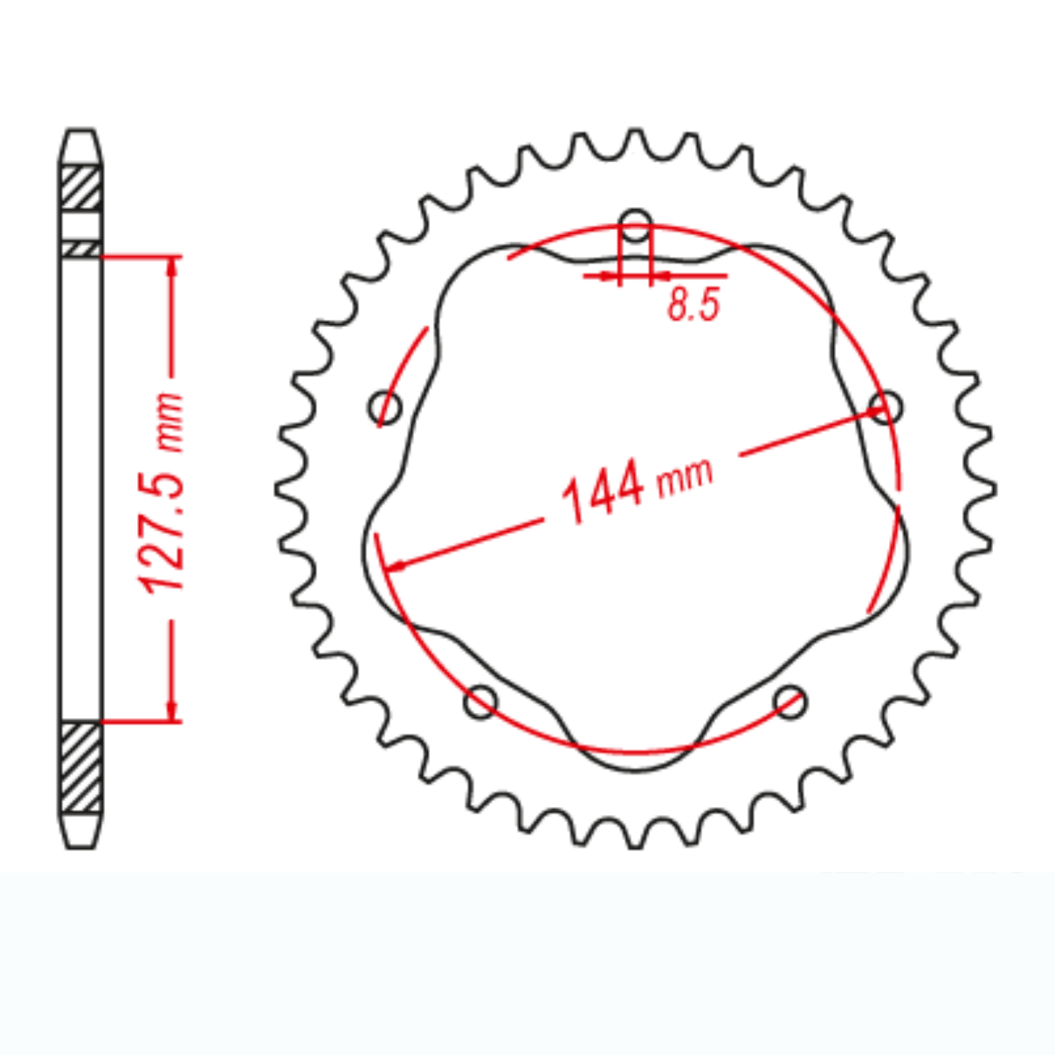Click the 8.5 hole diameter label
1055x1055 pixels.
tap(694, 305)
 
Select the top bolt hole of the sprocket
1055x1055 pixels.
tap(636, 225)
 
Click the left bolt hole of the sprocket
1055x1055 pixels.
tap(385, 407)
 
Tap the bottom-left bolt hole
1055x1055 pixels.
tap(481, 701)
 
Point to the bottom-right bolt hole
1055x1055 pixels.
tap(790, 701)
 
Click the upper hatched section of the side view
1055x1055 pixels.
tap(81, 189)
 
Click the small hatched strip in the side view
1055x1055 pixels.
tap(81, 249)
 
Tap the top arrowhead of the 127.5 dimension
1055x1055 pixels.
tap(173, 265)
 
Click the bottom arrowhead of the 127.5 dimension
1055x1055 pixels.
tap(173, 711)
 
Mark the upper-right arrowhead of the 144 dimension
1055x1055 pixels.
tap(877, 411)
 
